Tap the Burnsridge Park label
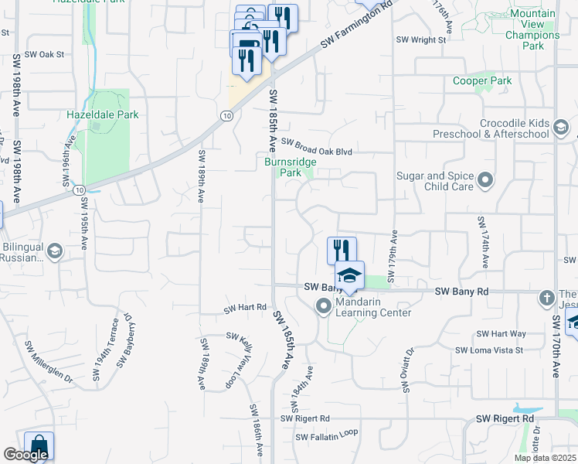pos(283,168)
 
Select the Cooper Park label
pos(482,80)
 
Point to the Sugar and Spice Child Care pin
pos(485,181)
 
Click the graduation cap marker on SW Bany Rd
pos(349,276)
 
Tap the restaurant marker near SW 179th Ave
pos(342,250)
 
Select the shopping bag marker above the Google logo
pos(39,446)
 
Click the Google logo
pos(25,455)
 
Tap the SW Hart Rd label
pos(245,308)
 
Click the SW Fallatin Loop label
pos(326,435)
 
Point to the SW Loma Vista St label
pos(488,350)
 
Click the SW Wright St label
pos(420,39)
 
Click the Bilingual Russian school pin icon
pos(55,251)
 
